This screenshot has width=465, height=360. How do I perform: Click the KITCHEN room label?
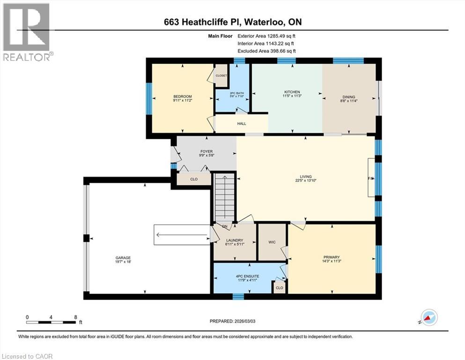291,92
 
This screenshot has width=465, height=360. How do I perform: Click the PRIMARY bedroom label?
332,257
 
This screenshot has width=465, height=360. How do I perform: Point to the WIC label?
272,242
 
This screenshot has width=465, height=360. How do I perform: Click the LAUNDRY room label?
235,240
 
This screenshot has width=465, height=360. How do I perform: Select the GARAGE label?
123,258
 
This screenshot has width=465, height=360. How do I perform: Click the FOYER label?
207,151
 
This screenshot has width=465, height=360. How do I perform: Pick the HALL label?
241,124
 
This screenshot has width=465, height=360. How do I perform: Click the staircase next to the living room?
224,197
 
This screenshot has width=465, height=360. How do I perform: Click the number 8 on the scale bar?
75,317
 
